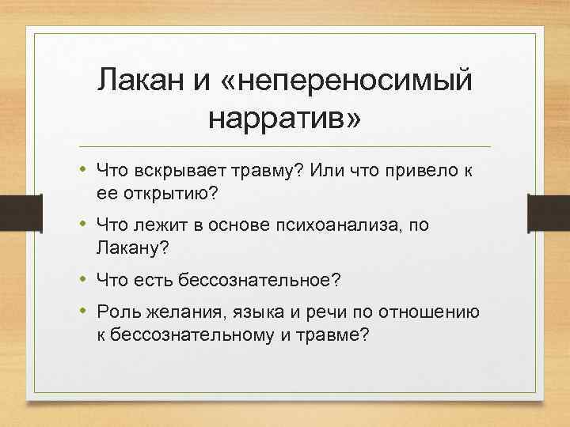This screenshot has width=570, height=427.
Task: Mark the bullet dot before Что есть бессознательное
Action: [83, 278]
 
